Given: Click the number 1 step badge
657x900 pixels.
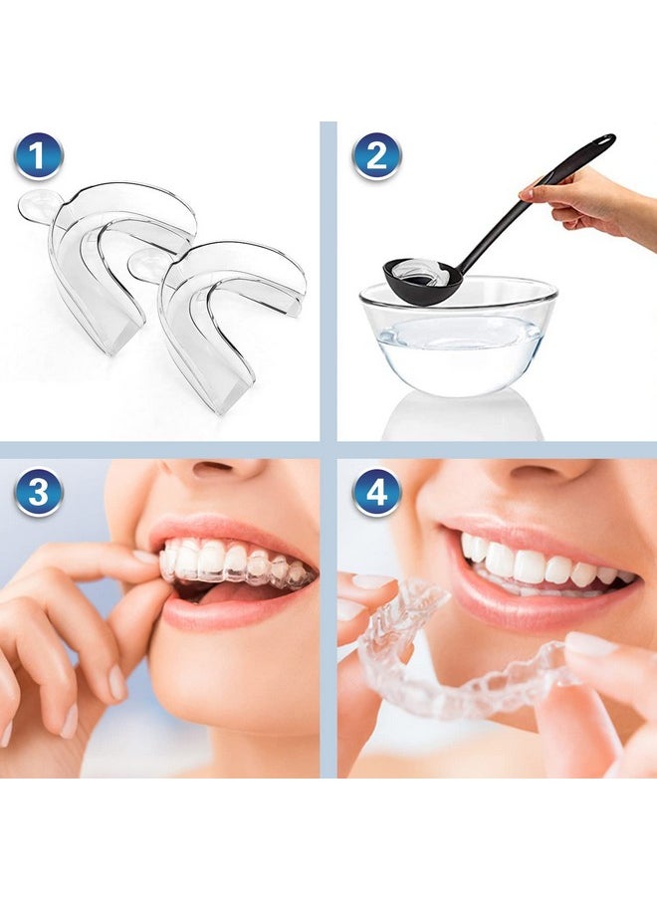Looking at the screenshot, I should click(x=39, y=156).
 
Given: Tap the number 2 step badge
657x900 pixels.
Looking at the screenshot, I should click(x=377, y=156).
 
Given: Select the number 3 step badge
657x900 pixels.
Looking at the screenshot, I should click(x=39, y=492).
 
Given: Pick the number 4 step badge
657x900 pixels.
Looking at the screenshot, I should click(x=377, y=492).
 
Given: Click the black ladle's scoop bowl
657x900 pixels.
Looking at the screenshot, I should click(x=422, y=278).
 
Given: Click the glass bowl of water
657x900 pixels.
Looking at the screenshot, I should click(x=458, y=338).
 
